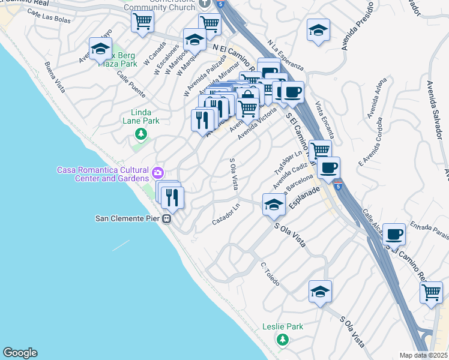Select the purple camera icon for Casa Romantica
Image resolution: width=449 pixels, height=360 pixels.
coord(157,173)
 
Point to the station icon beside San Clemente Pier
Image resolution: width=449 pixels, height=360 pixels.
coord(169,218)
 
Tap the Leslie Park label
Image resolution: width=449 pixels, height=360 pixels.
coord(283,327)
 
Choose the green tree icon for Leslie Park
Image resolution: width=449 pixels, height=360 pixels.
coord(282,340)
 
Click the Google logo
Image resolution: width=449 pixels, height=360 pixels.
coord(20,353)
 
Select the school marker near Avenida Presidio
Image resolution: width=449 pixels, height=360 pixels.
coord(318,30)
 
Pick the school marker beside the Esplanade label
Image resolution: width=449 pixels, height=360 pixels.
coord(274,205)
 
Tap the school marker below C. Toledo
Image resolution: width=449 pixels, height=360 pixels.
coord(321,292)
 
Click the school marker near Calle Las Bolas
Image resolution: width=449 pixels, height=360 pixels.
coord(101,48)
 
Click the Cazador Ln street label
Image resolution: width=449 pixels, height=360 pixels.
coord(226,222)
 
